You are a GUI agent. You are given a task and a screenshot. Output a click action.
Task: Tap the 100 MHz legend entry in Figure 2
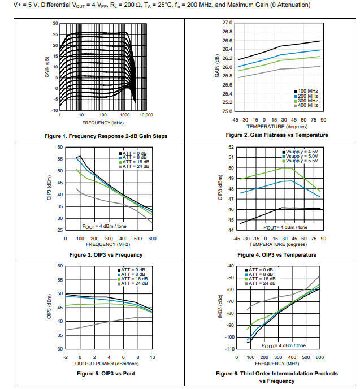pos(307,91)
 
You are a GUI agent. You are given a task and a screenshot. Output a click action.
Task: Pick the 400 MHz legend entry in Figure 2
pos(307,105)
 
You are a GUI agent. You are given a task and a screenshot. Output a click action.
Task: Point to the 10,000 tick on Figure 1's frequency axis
pos(146,115)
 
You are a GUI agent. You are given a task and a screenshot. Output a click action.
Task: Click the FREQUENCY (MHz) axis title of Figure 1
pos(103,122)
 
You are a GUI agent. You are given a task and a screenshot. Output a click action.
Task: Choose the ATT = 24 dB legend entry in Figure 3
pos(135,166)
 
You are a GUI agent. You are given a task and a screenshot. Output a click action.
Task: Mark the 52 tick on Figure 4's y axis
pos(231,147)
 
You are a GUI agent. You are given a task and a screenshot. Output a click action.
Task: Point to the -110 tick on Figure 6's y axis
pos(229,349)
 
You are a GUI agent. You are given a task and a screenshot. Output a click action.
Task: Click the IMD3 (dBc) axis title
pos(221,308)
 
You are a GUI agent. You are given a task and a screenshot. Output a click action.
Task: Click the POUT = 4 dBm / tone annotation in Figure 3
pos(105,226)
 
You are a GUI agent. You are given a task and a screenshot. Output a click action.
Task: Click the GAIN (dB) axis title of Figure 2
pos(217,66)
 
